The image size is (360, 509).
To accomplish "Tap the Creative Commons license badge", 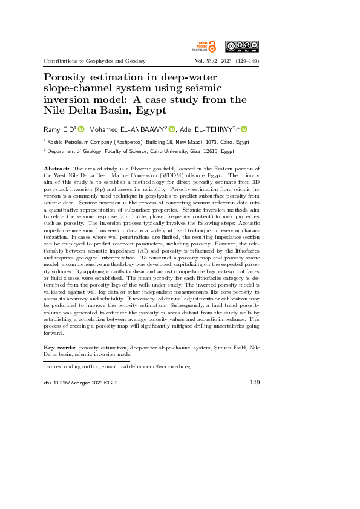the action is pyautogui.click(x=242, y=46).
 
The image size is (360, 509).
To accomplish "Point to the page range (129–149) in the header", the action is pyautogui.click(x=244, y=61).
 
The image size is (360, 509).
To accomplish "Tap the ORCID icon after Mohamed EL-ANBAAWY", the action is pyautogui.click(x=171, y=129).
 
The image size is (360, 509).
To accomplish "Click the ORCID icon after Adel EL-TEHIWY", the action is pyautogui.click(x=244, y=129).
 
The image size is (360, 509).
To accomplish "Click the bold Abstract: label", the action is pyautogui.click(x=57, y=167).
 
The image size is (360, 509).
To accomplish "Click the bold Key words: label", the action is pyautogui.click(x=60, y=348).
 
